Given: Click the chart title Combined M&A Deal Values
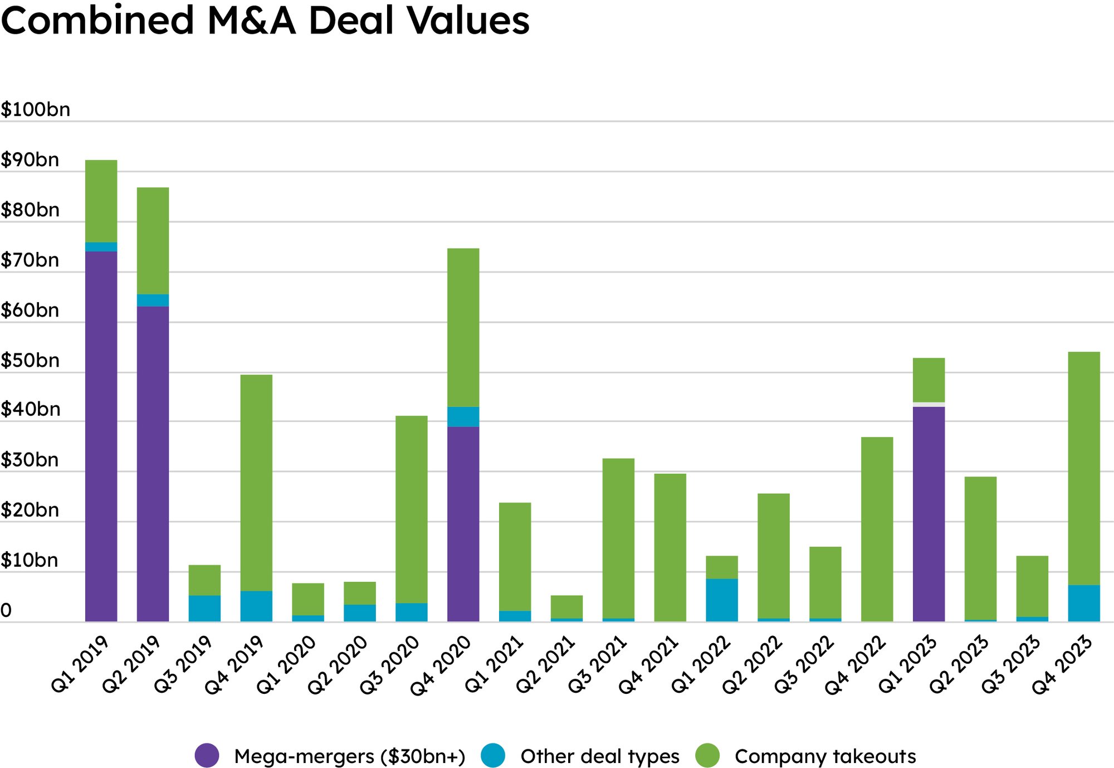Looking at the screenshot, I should (265, 20).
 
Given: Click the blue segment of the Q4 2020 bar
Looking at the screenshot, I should (463, 417).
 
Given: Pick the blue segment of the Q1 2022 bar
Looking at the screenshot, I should (721, 600).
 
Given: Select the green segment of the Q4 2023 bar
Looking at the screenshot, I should (1084, 468).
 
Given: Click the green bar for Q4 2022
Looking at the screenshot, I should (877, 529).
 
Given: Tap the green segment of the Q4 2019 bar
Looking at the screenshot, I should (256, 483).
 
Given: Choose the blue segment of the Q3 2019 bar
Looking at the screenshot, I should (204, 609).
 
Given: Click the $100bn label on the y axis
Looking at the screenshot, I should (36, 109).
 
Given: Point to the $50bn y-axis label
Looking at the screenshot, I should (30, 361).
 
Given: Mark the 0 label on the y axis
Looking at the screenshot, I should (6, 611).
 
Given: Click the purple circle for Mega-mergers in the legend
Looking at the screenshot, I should (207, 756).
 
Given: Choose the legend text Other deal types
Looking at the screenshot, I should (600, 756).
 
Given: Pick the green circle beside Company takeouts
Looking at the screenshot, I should (707, 756).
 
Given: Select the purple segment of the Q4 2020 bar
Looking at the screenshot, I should (463, 524).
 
